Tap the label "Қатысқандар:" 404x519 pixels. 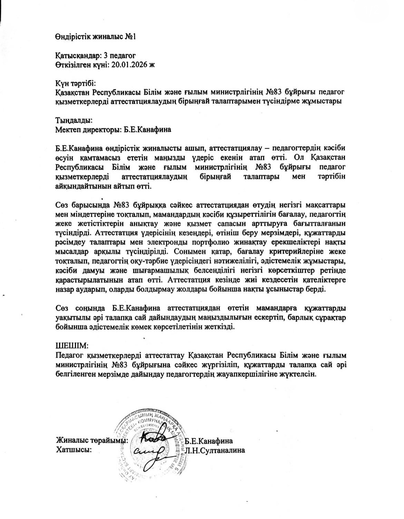pos(78,55)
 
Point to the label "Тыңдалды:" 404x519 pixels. pos(74,121)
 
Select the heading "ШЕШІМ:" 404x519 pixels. pos(73,345)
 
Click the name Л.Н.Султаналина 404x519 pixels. pos(215,450)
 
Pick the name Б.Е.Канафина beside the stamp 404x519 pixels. pos(209,441)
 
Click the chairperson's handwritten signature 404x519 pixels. pos(154,439)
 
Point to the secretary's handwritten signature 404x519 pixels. pos(148,450)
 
